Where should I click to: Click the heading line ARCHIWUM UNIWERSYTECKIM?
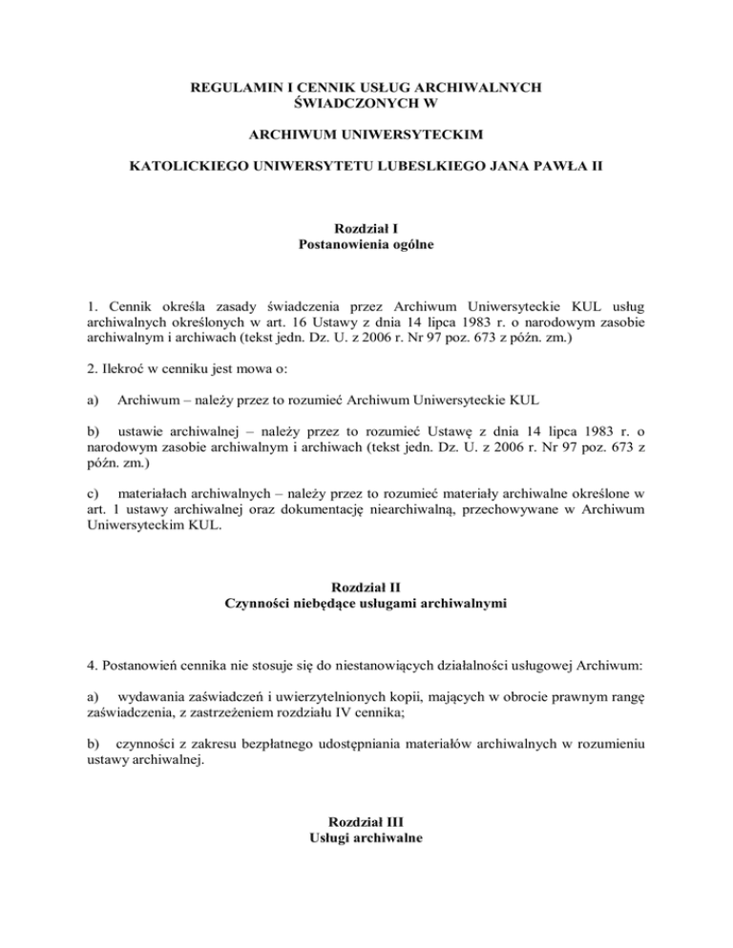coord(367,141)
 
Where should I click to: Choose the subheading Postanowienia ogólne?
coord(366,245)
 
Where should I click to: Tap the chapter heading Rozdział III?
coord(366,821)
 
